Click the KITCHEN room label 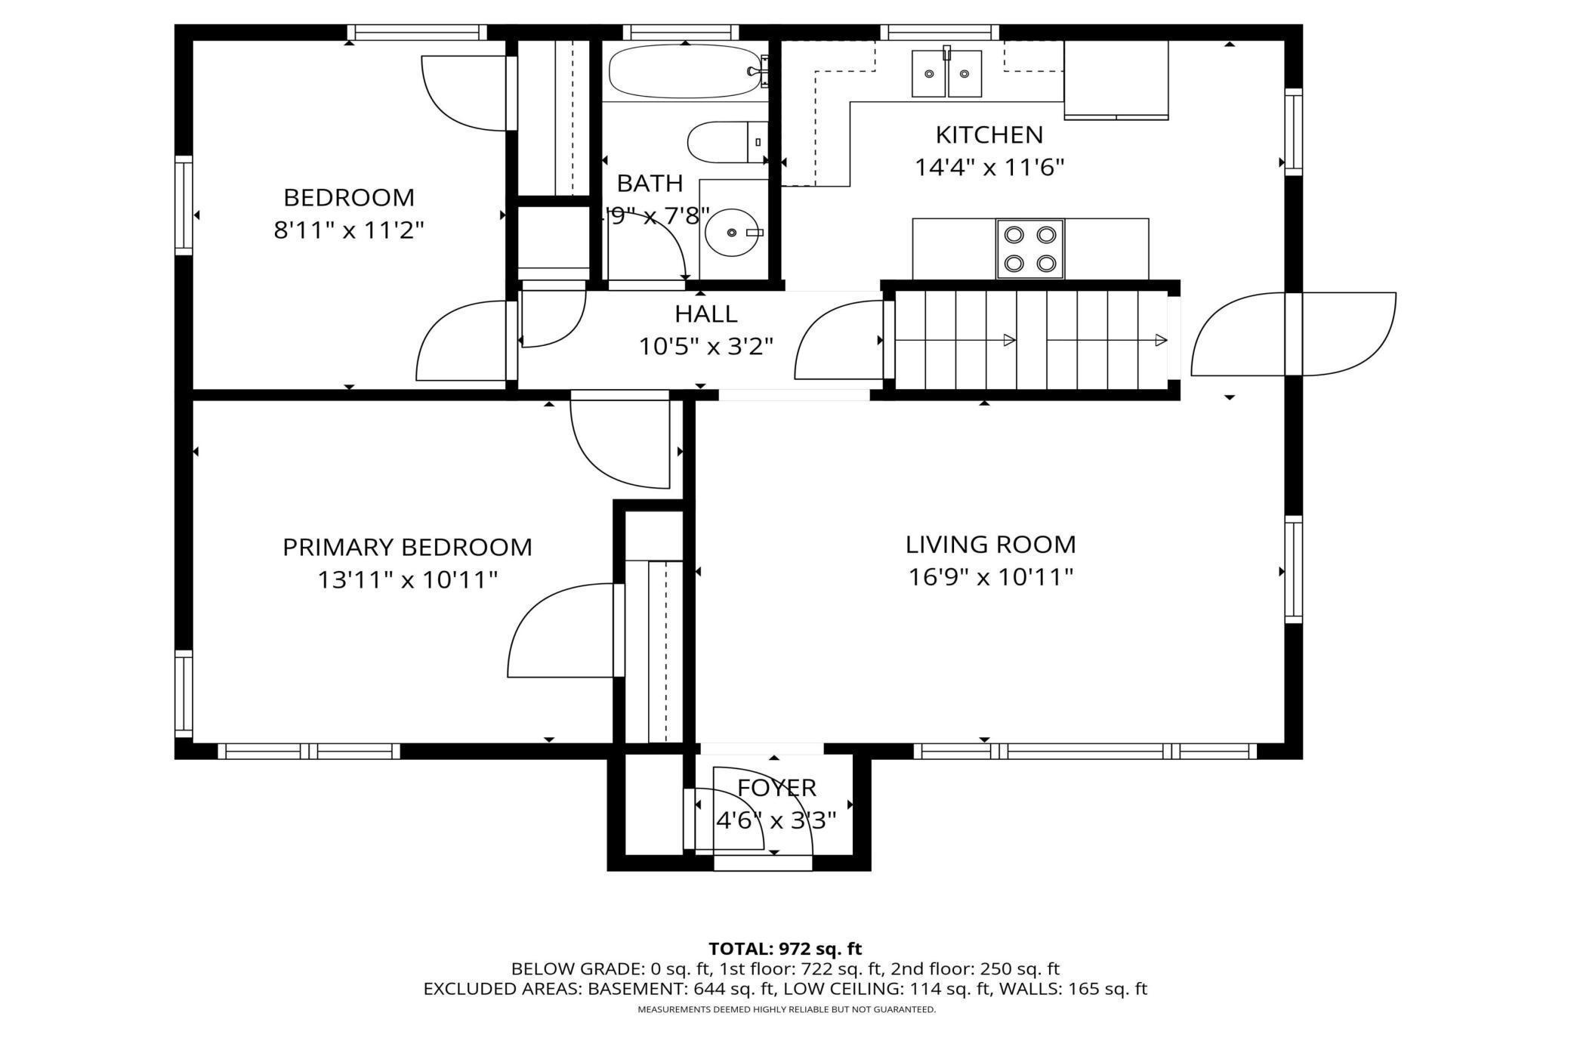989,135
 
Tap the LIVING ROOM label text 990,545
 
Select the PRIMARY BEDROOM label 407,547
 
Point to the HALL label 705,313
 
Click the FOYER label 776,788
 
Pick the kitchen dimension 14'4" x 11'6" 989,167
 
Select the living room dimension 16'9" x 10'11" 990,577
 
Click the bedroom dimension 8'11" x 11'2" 348,230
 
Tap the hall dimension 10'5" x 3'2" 706,347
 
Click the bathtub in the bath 684,71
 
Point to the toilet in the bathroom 727,142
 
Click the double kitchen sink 946,73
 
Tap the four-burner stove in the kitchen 1029,249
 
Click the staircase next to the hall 1031,340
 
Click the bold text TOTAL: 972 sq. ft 785,949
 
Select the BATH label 650,184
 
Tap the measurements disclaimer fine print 786,1010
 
